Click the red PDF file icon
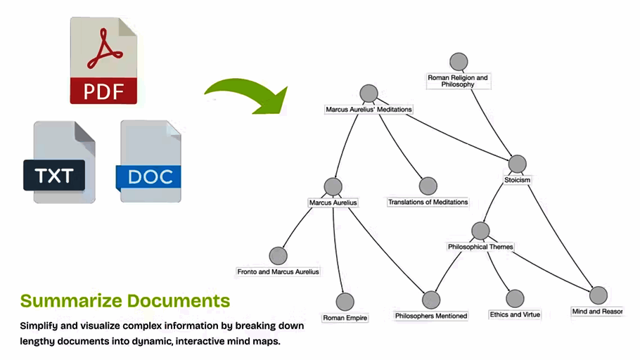click(x=103, y=61)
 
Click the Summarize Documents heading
click(x=125, y=301)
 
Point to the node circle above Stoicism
click(x=517, y=164)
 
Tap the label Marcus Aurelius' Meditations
click(x=369, y=110)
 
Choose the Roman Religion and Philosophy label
click(x=458, y=81)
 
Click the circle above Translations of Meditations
click(x=428, y=186)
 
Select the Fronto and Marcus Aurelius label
click(x=278, y=271)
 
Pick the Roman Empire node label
click(x=345, y=318)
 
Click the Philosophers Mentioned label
click(x=430, y=316)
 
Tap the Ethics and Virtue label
click(x=515, y=314)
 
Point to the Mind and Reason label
click(x=597, y=311)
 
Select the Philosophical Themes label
click(x=480, y=247)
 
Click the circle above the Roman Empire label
click(x=345, y=302)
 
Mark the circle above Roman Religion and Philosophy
click(x=459, y=61)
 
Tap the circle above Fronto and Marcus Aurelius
click(x=279, y=256)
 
